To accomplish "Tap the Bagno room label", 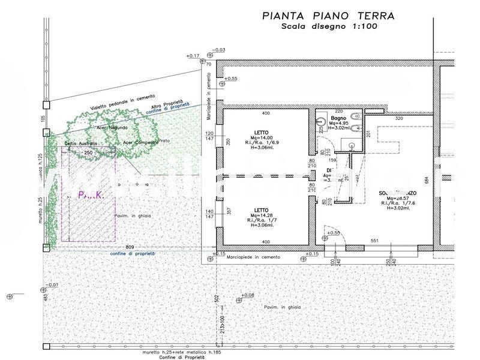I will click(x=337, y=119).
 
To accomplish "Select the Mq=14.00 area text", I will click(x=261, y=138).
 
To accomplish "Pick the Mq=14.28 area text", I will click(x=262, y=215).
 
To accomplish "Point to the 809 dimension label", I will click(x=130, y=247).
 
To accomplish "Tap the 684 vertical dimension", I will click(x=443, y=180).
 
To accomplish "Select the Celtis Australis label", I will click(x=81, y=144).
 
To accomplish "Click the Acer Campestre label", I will click(x=140, y=142).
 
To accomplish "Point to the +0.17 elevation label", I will click(x=193, y=56).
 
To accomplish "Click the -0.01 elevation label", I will click(x=53, y=284).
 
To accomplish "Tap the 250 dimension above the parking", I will click(x=88, y=153).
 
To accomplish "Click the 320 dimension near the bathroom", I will click(x=398, y=118).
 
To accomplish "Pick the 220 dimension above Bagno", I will click(x=338, y=111).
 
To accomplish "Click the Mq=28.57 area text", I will click(x=398, y=199).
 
